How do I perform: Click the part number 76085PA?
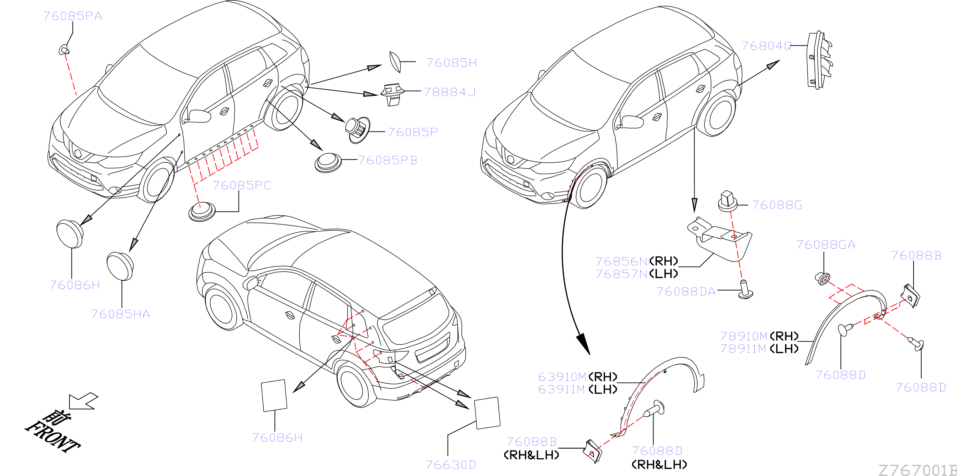(x=73, y=16)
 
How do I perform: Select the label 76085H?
(x=452, y=63)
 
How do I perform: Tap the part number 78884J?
(x=450, y=92)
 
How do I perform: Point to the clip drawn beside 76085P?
(x=357, y=130)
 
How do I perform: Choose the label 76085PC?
(x=242, y=185)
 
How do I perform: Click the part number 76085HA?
(x=120, y=314)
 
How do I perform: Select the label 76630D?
(x=451, y=465)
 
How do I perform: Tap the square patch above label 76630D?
(x=487, y=413)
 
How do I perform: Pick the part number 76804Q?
(x=767, y=46)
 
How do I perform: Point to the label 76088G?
(x=777, y=205)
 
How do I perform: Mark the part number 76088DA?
(x=686, y=292)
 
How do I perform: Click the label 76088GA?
(x=825, y=245)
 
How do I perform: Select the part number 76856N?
(x=621, y=261)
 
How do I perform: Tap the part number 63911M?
(x=562, y=389)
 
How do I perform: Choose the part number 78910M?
(x=744, y=336)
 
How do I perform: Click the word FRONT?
(x=53, y=437)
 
